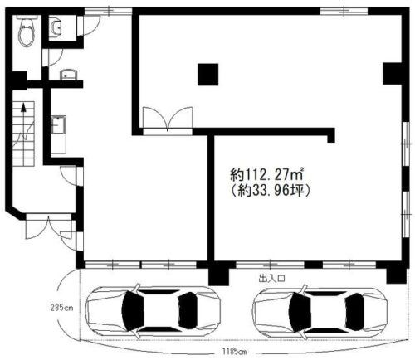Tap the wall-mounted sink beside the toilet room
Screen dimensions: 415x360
56,27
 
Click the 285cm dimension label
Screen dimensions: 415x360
61,307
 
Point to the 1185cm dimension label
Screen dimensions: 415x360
234,352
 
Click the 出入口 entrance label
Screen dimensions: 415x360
271,279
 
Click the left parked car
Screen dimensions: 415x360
153,311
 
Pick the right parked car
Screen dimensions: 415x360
320,313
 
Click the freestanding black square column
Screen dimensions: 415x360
207,75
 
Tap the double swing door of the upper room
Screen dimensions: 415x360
168,119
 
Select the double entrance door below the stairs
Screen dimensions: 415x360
49,226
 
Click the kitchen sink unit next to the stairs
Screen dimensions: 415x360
58,134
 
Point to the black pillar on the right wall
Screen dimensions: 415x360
392,74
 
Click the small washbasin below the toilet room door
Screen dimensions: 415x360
68,75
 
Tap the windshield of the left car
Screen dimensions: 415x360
133,311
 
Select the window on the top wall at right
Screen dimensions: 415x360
344,11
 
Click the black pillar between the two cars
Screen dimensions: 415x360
218,273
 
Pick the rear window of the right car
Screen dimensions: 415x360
354,312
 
